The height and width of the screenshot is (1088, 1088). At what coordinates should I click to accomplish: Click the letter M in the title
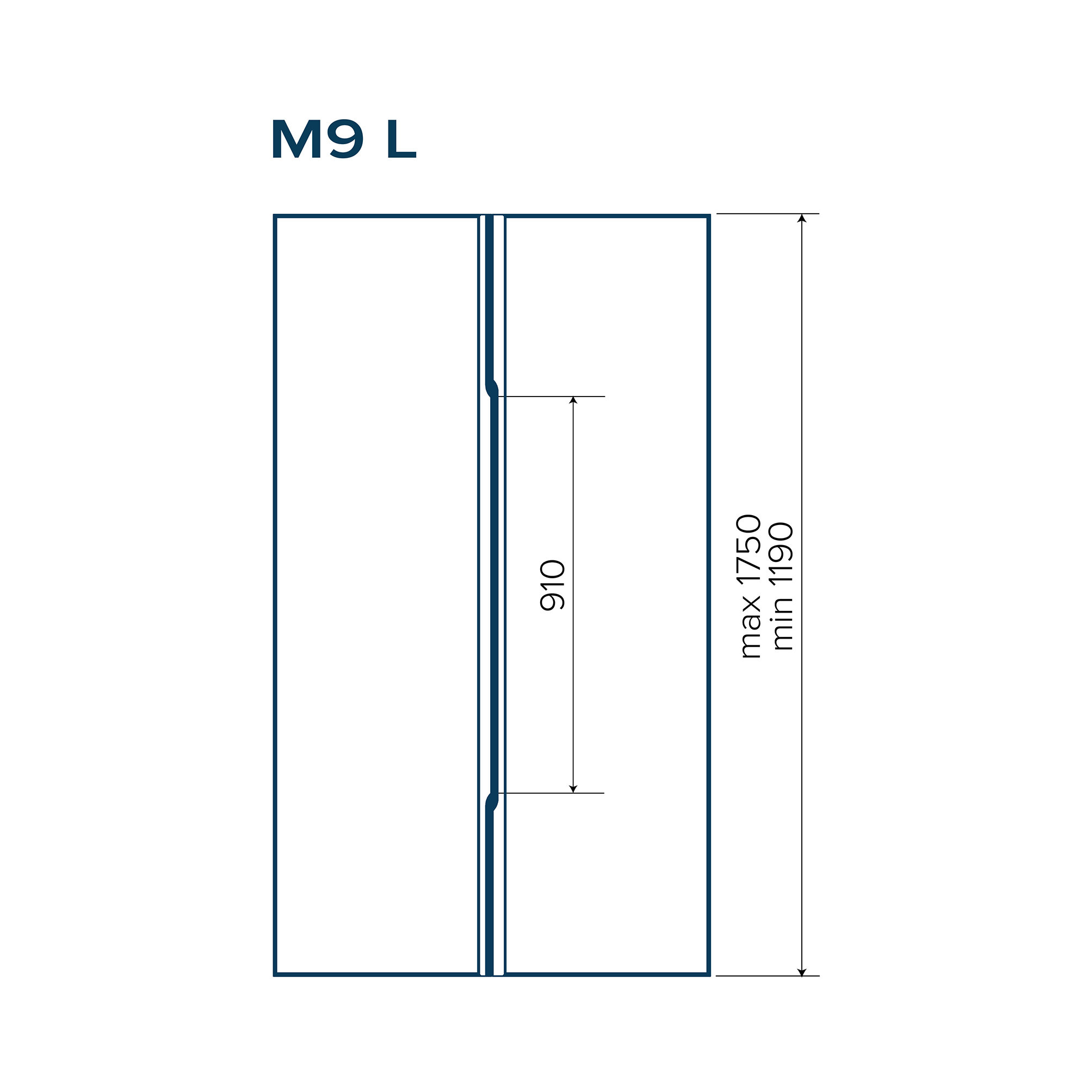pyautogui.click(x=297, y=139)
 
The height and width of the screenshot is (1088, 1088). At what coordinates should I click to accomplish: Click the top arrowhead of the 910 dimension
pyautogui.click(x=573, y=400)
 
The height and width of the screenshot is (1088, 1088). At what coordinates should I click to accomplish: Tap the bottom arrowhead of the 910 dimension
pyautogui.click(x=573, y=788)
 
